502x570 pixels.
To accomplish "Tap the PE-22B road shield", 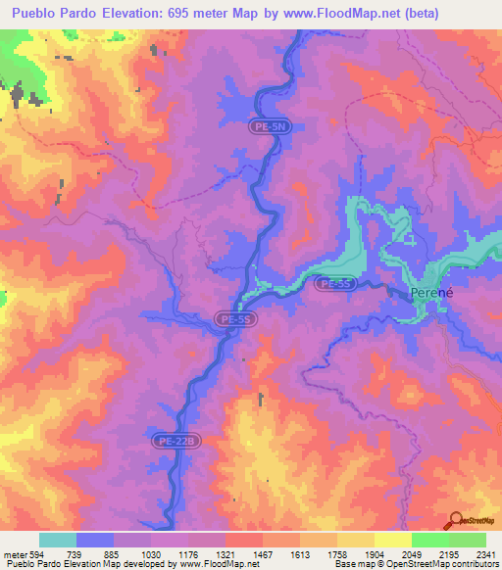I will tap(177, 442).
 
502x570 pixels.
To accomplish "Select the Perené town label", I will tap(429, 293).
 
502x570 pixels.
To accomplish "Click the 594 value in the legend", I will tap(39, 553).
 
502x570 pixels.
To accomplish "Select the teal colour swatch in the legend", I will tap(58, 540).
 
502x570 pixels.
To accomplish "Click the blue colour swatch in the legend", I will tap(95, 540).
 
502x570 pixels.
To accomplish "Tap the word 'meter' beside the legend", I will tap(15, 553).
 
